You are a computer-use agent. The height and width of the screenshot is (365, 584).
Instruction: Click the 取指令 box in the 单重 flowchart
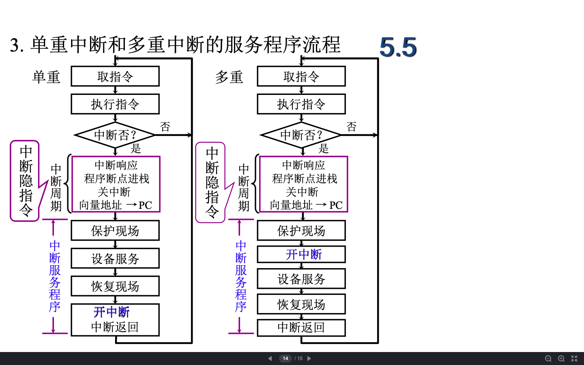[x=115, y=76]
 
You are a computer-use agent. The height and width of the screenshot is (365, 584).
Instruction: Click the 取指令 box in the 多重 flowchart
[x=301, y=76]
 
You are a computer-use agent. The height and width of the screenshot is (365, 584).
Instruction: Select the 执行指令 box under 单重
[x=115, y=104]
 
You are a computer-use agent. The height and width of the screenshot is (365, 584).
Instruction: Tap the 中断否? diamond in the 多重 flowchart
[x=301, y=135]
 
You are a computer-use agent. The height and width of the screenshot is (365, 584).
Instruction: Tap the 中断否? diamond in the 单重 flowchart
[x=115, y=135]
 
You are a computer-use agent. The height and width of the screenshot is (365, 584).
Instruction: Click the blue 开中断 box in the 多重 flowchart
[x=301, y=254]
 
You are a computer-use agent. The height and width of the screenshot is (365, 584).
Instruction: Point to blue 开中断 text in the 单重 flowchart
[x=112, y=312]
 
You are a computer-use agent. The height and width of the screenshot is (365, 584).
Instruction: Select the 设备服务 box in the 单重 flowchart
[x=115, y=258]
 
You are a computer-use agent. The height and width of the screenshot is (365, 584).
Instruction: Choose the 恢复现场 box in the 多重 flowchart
[x=301, y=304]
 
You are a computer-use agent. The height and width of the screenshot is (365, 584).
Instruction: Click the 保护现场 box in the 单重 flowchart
[x=115, y=230]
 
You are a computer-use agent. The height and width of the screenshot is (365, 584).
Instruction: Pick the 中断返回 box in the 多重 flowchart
[x=301, y=327]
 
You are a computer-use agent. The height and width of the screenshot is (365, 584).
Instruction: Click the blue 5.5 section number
[x=398, y=47]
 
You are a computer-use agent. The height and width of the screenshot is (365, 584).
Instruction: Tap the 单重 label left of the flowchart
[x=46, y=77]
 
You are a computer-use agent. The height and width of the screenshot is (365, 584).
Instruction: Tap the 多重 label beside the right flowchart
[x=229, y=77]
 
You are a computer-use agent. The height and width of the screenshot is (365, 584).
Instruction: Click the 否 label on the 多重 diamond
[x=351, y=127]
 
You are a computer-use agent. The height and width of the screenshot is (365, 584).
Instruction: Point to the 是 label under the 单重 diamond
[x=136, y=148]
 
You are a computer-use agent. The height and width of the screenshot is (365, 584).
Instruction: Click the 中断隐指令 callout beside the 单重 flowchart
[x=25, y=181]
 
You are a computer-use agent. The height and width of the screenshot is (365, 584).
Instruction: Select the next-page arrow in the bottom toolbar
[x=309, y=359]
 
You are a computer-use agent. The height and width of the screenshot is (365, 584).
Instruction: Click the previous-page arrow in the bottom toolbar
[x=270, y=359]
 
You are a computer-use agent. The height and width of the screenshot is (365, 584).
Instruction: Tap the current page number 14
[x=285, y=359]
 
